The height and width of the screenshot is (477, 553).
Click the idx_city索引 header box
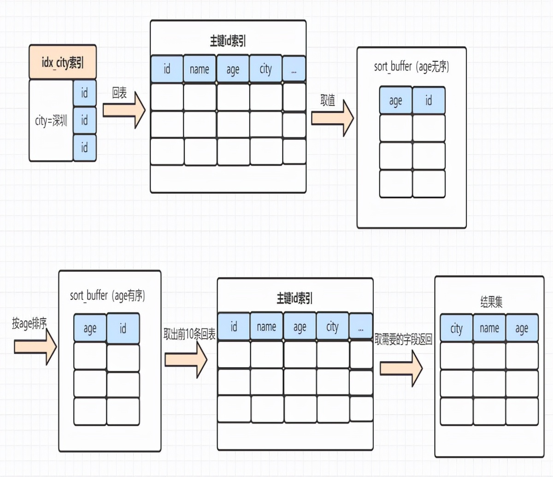pyautogui.click(x=63, y=62)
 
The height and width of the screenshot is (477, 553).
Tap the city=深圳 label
pyautogui.click(x=51, y=121)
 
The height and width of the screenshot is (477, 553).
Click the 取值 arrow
pyautogui.click(x=332, y=118)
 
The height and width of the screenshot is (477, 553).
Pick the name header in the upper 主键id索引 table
pyautogui.click(x=200, y=69)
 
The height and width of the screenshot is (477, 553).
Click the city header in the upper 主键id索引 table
pyautogui.click(x=265, y=69)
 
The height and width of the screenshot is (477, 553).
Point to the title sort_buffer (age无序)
pyautogui.click(x=411, y=67)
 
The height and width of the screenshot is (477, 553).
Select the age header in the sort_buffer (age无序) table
pyautogui.click(x=395, y=101)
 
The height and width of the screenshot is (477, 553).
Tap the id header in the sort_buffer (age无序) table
pyautogui.click(x=429, y=101)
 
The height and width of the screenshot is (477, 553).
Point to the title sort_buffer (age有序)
pyautogui.click(x=107, y=295)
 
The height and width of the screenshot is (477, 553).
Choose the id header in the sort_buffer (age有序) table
pyautogui.click(x=123, y=328)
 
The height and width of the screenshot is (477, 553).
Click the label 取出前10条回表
pyautogui.click(x=189, y=334)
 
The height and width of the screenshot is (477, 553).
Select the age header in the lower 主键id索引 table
pyautogui.click(x=300, y=327)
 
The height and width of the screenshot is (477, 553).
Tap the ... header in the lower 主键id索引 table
pyautogui.click(x=361, y=327)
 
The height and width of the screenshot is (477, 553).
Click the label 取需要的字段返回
pyautogui.click(x=403, y=340)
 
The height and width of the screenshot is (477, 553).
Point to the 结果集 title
pyautogui.click(x=491, y=302)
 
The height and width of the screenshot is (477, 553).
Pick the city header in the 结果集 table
pyautogui.click(x=456, y=328)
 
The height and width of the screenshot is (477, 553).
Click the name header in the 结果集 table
pyautogui.click(x=489, y=328)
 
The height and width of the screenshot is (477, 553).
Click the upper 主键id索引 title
pyautogui.click(x=228, y=41)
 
